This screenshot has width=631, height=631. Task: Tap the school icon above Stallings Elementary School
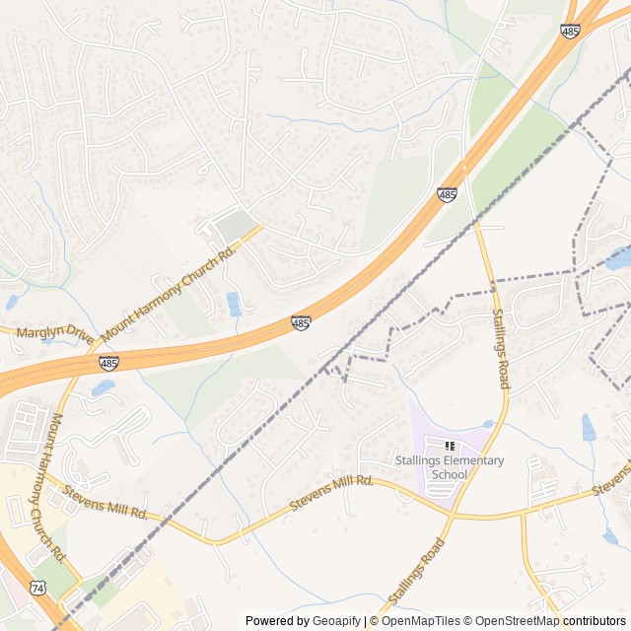coord(451,447)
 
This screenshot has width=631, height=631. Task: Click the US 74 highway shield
coord(37,587)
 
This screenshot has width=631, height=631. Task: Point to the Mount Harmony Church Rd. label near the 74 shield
coord(54,482)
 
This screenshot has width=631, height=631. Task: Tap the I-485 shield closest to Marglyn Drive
coord(108,364)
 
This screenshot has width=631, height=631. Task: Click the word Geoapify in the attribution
coord(336,621)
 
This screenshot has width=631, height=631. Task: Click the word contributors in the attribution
coord(595,621)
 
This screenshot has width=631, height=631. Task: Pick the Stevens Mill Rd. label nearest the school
coord(333,492)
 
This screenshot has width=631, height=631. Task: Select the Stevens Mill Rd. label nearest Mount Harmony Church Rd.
coord(105,501)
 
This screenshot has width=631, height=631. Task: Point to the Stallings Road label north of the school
coord(501,348)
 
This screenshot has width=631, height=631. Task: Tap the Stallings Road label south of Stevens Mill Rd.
coord(412,576)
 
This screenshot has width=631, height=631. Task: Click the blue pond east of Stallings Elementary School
coord(589,428)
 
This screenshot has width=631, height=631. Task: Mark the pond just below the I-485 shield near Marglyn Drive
coord(104,388)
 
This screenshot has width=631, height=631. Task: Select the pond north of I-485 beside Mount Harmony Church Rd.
coord(234,304)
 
